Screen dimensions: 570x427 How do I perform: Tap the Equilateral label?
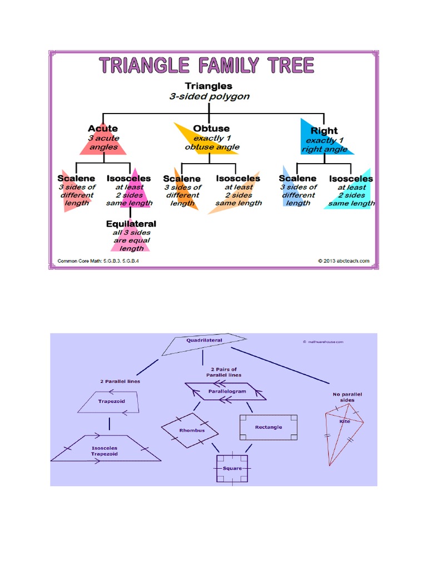[x=131, y=224]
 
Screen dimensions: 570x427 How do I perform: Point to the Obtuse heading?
[x=211, y=129]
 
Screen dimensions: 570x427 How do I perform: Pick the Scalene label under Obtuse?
[x=182, y=179]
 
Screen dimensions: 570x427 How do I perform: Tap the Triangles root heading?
[x=208, y=86]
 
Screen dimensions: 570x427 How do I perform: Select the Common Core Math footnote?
[x=98, y=261]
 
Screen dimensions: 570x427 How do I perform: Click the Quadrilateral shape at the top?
[x=204, y=345]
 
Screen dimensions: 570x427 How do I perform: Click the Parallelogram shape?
[x=225, y=391]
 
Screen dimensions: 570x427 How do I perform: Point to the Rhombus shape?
[x=191, y=430]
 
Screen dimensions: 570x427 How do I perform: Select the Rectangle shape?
[x=268, y=427]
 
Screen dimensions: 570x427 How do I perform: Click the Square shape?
[x=232, y=468]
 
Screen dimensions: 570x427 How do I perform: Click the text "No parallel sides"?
[x=344, y=397]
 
